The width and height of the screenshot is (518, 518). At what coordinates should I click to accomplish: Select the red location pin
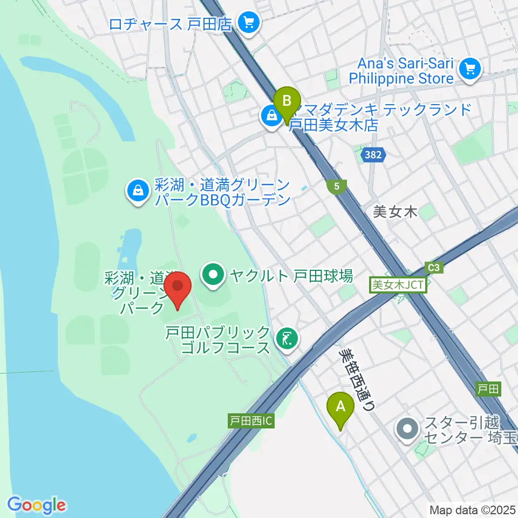click(x=178, y=290)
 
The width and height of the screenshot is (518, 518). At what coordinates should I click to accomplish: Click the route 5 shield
click(x=337, y=187)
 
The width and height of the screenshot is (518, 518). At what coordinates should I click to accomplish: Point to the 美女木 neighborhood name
click(x=396, y=212)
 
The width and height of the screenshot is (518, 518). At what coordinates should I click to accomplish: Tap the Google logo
click(x=36, y=505)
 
